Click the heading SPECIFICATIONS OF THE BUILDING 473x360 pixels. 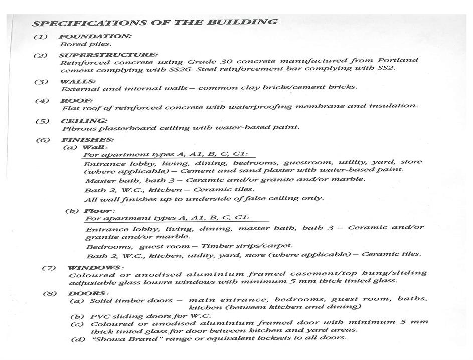pos(154,23)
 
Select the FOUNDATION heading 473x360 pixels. pos(95,37)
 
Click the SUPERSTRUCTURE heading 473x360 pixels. pos(108,55)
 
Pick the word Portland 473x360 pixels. pos(400,60)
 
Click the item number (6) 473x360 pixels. pos(43,140)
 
